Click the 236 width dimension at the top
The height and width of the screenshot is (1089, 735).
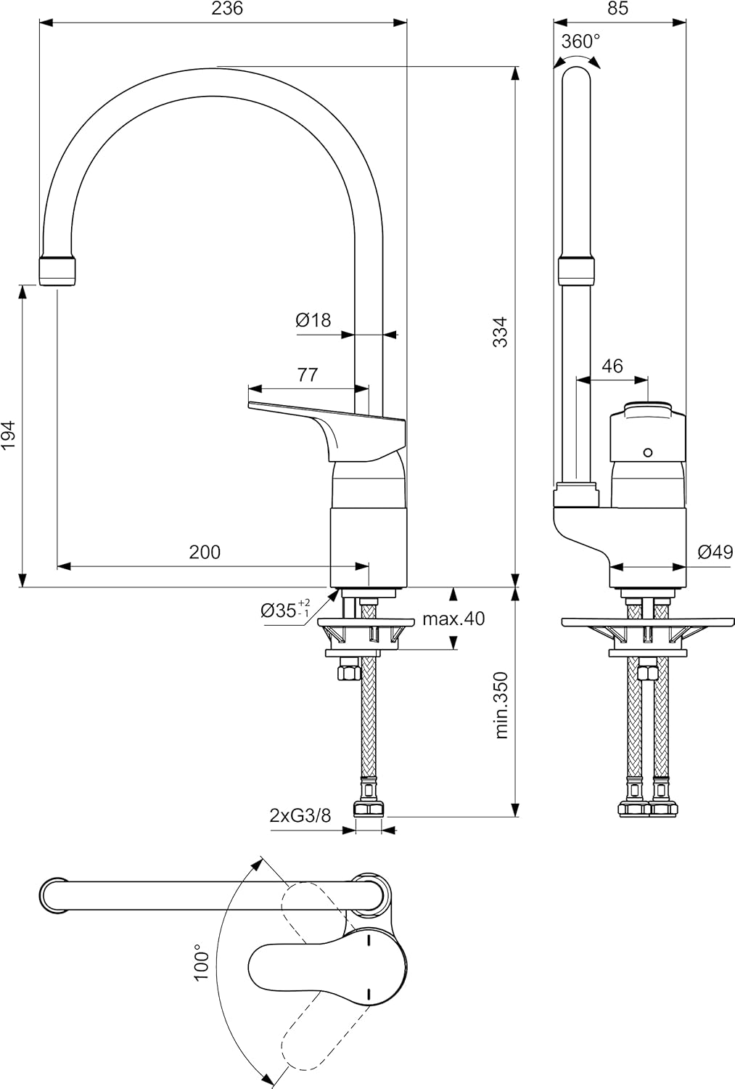click(227, 9)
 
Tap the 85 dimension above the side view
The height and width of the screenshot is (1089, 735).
click(618, 9)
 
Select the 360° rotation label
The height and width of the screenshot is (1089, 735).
click(580, 41)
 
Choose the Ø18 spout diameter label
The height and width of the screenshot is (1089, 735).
click(313, 320)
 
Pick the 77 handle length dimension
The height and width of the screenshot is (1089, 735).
click(307, 375)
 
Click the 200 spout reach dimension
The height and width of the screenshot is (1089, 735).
click(205, 552)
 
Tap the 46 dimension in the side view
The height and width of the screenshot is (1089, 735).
click(612, 366)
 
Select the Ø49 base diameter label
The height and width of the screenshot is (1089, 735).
click(715, 552)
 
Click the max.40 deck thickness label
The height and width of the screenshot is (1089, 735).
click(453, 619)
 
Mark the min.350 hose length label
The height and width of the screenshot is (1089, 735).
click(501, 706)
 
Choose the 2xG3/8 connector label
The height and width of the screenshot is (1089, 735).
click(300, 816)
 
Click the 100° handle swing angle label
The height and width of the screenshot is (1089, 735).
click(201, 962)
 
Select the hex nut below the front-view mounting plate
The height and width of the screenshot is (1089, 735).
click(349, 670)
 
